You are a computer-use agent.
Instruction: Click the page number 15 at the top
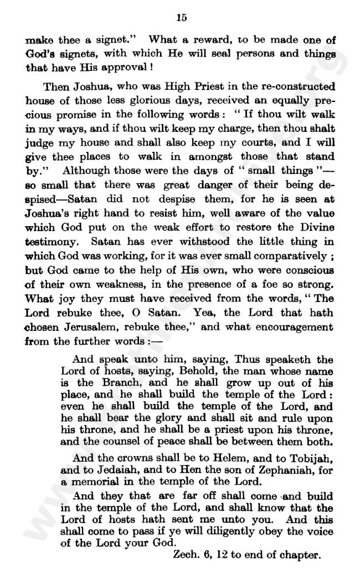click(181, 18)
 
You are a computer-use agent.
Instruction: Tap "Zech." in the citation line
click(188, 554)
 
